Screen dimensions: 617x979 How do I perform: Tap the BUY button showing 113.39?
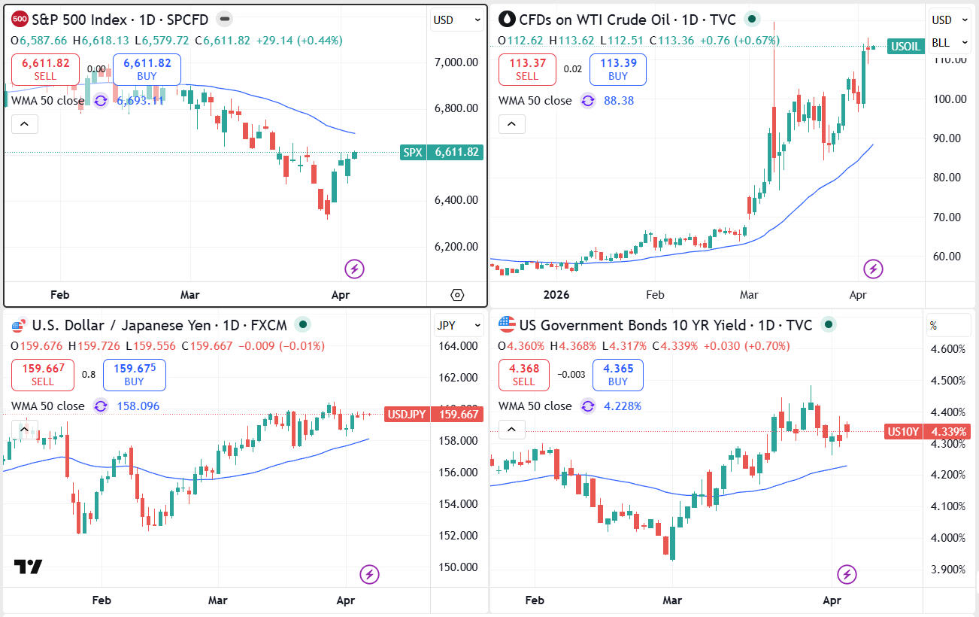[617, 69]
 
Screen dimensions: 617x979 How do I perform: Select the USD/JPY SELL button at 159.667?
[43, 375]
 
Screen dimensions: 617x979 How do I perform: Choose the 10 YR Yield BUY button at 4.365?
[617, 375]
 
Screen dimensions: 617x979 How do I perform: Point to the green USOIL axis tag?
[905, 46]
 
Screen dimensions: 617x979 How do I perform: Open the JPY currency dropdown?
[459, 326]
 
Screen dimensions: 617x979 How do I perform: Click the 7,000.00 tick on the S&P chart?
[456, 62]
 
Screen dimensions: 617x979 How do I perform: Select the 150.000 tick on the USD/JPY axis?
[457, 567]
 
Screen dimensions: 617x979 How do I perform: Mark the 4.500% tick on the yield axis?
[947, 380]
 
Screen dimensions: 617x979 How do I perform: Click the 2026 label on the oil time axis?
[556, 295]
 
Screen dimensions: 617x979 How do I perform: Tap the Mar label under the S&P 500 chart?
[190, 295]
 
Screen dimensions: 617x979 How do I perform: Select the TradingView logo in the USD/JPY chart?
[29, 567]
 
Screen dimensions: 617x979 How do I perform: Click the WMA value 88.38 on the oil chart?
[619, 100]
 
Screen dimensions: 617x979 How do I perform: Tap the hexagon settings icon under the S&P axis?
[457, 295]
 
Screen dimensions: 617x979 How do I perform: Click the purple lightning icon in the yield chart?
[847, 574]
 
